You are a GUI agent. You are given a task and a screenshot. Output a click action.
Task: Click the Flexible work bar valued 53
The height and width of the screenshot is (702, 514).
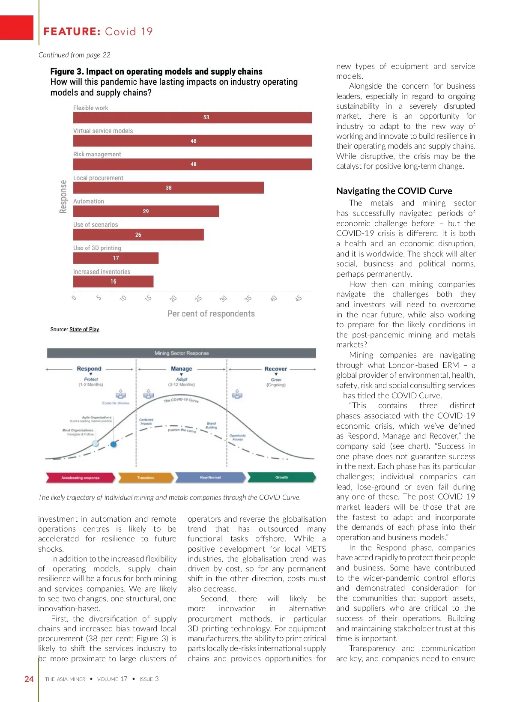coord(192,117)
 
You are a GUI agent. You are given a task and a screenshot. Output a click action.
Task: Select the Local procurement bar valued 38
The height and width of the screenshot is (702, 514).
coord(168,188)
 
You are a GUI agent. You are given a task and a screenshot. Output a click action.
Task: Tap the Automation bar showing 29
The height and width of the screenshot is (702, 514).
coord(146,211)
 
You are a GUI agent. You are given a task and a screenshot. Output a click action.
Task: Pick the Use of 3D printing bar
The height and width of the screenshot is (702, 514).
coord(116,258)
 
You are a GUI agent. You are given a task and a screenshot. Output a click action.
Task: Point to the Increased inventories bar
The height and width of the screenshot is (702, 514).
coord(113,281)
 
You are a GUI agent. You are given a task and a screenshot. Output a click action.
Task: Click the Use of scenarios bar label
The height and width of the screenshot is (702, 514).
coord(96,225)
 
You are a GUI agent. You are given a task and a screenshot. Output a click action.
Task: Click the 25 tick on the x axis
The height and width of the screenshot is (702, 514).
coord(198,299)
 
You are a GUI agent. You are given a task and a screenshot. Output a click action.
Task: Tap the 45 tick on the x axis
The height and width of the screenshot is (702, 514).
coord(299,299)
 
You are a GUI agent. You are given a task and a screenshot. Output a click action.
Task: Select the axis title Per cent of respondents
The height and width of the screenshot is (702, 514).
coord(211,314)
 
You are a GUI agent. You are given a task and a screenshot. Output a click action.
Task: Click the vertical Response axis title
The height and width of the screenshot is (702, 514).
coord(63,197)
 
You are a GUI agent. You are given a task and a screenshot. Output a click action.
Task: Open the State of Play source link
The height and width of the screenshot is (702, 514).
coord(84,329)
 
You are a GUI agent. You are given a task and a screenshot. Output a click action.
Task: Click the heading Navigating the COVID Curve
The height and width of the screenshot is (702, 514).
coord(394,191)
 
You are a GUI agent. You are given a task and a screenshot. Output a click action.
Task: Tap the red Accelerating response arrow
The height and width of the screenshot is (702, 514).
coord(80,478)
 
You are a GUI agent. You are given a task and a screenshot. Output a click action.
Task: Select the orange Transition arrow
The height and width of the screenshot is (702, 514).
coord(146,478)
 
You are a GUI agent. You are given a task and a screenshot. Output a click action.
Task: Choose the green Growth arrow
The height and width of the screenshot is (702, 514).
coord(281,477)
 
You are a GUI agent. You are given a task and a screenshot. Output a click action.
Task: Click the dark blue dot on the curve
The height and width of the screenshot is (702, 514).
coord(114,444)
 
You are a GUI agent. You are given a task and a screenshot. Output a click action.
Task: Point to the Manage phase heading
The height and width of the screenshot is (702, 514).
coord(181,369)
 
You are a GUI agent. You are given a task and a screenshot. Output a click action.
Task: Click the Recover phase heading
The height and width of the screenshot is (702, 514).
coord(275,369)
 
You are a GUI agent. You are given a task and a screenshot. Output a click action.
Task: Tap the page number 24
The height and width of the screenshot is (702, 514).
coord(29,679)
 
